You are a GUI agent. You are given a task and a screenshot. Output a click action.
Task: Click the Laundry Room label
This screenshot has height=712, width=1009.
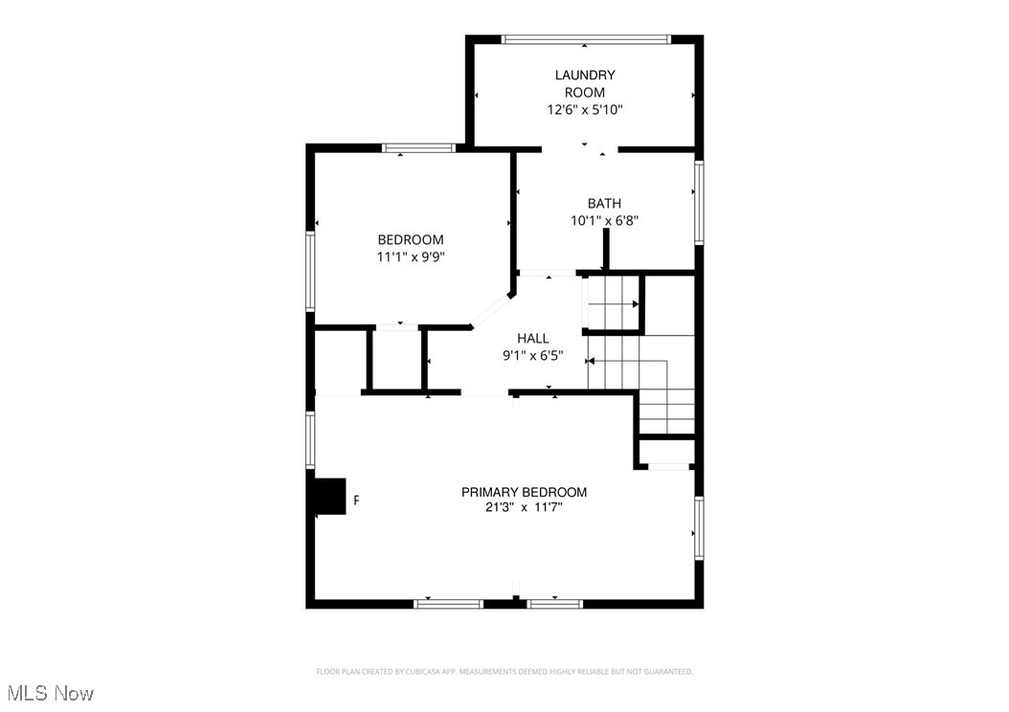coord(584,83)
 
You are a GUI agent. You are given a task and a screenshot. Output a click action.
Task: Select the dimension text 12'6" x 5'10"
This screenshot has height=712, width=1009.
coord(584,110)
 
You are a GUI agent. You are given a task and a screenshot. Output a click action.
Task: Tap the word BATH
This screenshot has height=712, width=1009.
coord(604,203)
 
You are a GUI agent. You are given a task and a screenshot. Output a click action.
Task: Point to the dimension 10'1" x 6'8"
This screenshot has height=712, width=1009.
coord(604,220)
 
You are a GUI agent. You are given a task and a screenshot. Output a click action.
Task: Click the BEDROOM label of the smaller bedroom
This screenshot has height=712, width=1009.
coord(411,239)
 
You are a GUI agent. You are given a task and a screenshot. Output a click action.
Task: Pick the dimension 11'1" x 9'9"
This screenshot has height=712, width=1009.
coord(411,256)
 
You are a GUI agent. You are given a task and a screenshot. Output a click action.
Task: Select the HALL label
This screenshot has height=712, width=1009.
coord(533,338)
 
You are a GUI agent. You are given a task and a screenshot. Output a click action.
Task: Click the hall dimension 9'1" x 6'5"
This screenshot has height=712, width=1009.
coord(533,355)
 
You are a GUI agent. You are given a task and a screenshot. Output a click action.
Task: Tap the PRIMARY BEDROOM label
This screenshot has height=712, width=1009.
coord(524,492)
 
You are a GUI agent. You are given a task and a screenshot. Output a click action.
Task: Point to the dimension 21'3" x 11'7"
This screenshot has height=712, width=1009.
coord(524,508)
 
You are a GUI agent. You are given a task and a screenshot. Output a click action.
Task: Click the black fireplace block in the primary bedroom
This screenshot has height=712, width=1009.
coord(330,497)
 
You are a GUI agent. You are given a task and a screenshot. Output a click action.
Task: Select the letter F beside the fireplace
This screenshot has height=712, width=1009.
coord(357,501)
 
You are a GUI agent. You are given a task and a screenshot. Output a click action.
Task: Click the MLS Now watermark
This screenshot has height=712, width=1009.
coord(50,692)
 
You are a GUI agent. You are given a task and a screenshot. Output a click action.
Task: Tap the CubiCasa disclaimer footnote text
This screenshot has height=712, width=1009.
coord(504,672)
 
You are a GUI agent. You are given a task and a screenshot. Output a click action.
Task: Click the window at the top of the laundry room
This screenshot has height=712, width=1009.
coord(586,39)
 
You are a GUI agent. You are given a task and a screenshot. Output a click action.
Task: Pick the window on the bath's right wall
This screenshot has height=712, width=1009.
coord(699,202)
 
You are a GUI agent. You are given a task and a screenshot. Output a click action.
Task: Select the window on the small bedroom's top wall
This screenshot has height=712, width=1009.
coord(418,148)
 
